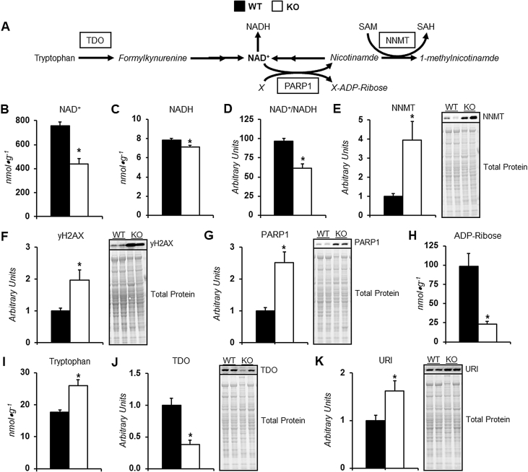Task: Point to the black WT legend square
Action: pos(238,7)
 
